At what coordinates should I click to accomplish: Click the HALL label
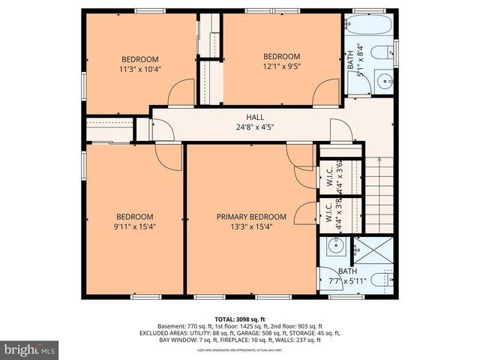(255, 117)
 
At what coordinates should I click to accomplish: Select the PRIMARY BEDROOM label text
(248, 217)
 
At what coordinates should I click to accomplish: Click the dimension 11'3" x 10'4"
(141, 69)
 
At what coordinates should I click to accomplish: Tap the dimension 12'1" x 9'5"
(281, 66)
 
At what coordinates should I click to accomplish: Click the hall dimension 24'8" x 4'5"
(255, 127)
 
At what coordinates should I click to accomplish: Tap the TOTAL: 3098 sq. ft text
(239, 317)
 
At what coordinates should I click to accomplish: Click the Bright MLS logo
(30, 349)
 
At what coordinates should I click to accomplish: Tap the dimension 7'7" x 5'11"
(347, 281)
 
